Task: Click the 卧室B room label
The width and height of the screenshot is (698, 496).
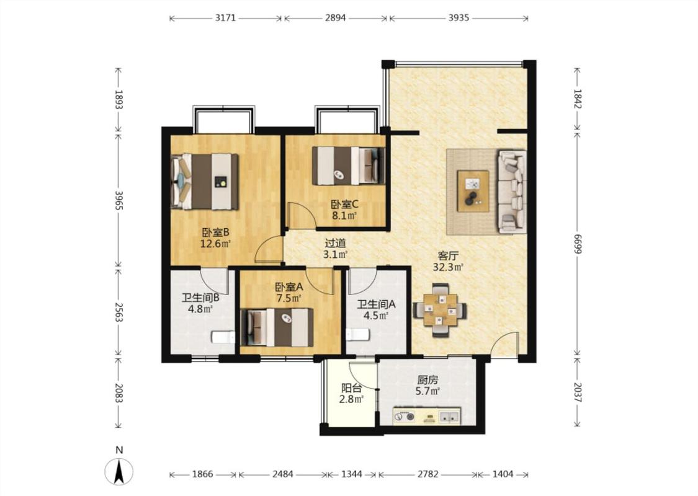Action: pos(216,232)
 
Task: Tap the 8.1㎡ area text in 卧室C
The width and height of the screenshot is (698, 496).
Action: pos(344,216)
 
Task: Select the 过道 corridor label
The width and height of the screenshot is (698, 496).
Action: pos(335,243)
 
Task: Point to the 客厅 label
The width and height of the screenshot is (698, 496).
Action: pos(448,256)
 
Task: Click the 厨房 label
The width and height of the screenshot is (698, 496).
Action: pos(427,380)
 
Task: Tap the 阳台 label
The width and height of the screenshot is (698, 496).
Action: pos(351,388)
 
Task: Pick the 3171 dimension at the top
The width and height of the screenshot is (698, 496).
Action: pos(225,18)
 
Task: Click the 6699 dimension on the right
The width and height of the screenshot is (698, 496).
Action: pos(578,244)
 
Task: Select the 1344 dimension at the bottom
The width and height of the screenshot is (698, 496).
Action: pos(351,474)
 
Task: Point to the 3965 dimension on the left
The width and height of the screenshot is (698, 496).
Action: pos(119,201)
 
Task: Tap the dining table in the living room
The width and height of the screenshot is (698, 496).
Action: pos(440,309)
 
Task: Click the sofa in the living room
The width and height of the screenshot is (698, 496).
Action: pos(512,192)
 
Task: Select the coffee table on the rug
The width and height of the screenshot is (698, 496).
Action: pos(473,191)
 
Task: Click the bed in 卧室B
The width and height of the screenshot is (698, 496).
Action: pos(205,182)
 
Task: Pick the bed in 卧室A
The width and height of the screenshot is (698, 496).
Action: pos(277,327)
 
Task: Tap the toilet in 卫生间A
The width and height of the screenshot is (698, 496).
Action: pos(357,334)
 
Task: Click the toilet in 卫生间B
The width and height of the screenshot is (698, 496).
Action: pos(223,337)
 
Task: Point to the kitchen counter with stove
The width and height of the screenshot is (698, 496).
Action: pos(426,417)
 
